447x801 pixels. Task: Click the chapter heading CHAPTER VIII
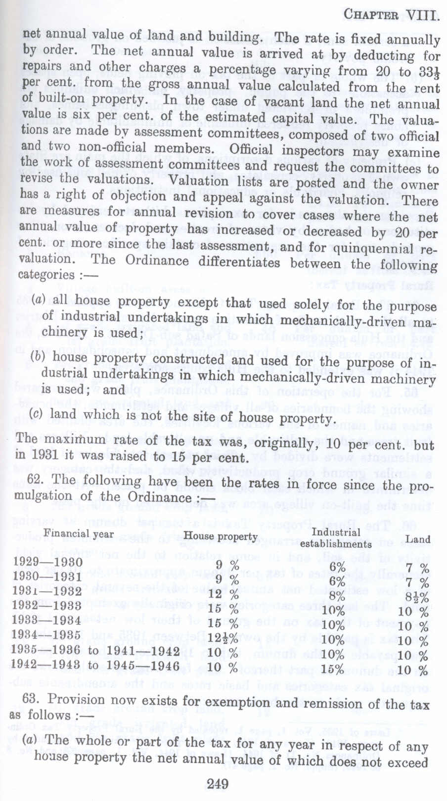(391, 15)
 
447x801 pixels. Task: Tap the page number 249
(218, 784)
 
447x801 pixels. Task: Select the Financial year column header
(79, 534)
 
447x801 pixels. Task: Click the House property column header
(221, 536)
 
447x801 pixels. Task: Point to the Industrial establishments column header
(336, 538)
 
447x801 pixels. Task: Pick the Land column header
(418, 539)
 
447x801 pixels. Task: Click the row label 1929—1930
(48, 561)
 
